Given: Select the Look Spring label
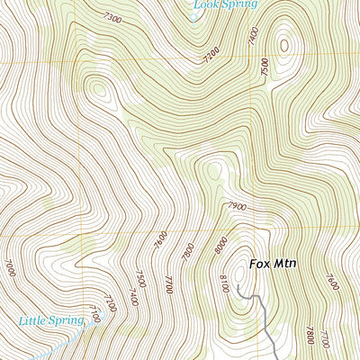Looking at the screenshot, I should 224,4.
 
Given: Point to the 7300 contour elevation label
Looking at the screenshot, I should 112,18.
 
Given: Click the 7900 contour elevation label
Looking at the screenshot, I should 237,207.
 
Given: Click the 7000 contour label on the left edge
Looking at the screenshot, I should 10,267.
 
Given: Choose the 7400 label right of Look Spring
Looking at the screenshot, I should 253,35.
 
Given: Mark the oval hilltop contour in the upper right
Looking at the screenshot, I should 285,44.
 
